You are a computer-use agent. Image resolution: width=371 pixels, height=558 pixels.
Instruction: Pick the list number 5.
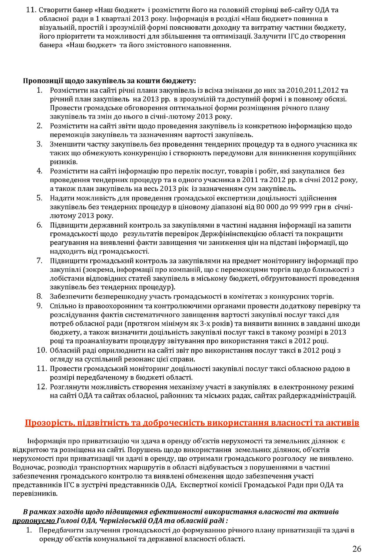tap(40, 198)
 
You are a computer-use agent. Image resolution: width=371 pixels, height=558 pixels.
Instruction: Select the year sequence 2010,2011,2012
tap(314, 90)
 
